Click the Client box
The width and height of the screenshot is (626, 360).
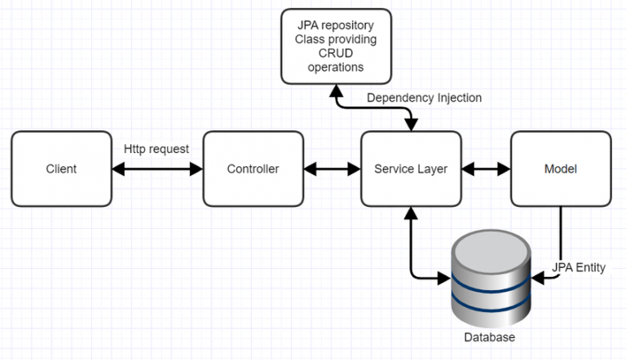[61, 169]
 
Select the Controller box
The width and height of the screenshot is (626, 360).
[253, 169]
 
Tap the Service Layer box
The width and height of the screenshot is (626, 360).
[410, 169]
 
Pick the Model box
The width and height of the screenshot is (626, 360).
[560, 169]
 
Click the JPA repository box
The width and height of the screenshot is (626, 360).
[335, 46]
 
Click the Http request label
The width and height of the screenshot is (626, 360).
[156, 149]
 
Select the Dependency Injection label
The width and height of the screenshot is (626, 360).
[424, 98]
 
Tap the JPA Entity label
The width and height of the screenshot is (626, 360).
[579, 267]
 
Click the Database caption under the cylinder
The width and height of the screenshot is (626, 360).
[489, 336]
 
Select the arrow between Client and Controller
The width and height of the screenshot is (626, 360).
[156, 169]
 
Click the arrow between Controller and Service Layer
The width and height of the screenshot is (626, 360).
[332, 169]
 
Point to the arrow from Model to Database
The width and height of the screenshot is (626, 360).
[560, 244]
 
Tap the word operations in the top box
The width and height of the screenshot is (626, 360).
[335, 68]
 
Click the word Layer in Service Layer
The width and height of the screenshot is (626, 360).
[432, 169]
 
